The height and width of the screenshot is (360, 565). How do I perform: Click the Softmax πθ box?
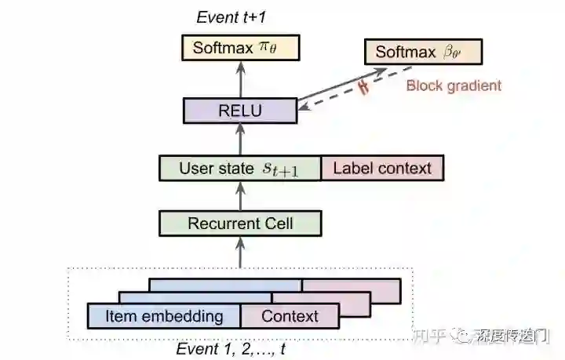pos(240,49)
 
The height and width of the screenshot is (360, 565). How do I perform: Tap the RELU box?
pos(240,110)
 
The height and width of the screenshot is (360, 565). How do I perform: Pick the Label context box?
pos(382,168)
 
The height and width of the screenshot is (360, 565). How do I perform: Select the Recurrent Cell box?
pos(240,224)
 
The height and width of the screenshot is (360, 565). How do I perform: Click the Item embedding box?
pos(164,316)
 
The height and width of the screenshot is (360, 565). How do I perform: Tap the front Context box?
pos(290,316)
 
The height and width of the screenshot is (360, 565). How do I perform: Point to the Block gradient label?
pos(453,85)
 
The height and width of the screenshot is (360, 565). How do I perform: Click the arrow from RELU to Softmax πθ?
pos(240,79)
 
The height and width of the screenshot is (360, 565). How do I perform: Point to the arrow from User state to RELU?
pos(240,139)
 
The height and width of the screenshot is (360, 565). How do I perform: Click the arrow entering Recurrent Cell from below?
pos(240,253)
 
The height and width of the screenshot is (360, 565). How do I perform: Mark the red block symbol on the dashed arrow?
pos(363,86)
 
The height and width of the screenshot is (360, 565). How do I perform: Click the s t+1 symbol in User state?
pos(279,169)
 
